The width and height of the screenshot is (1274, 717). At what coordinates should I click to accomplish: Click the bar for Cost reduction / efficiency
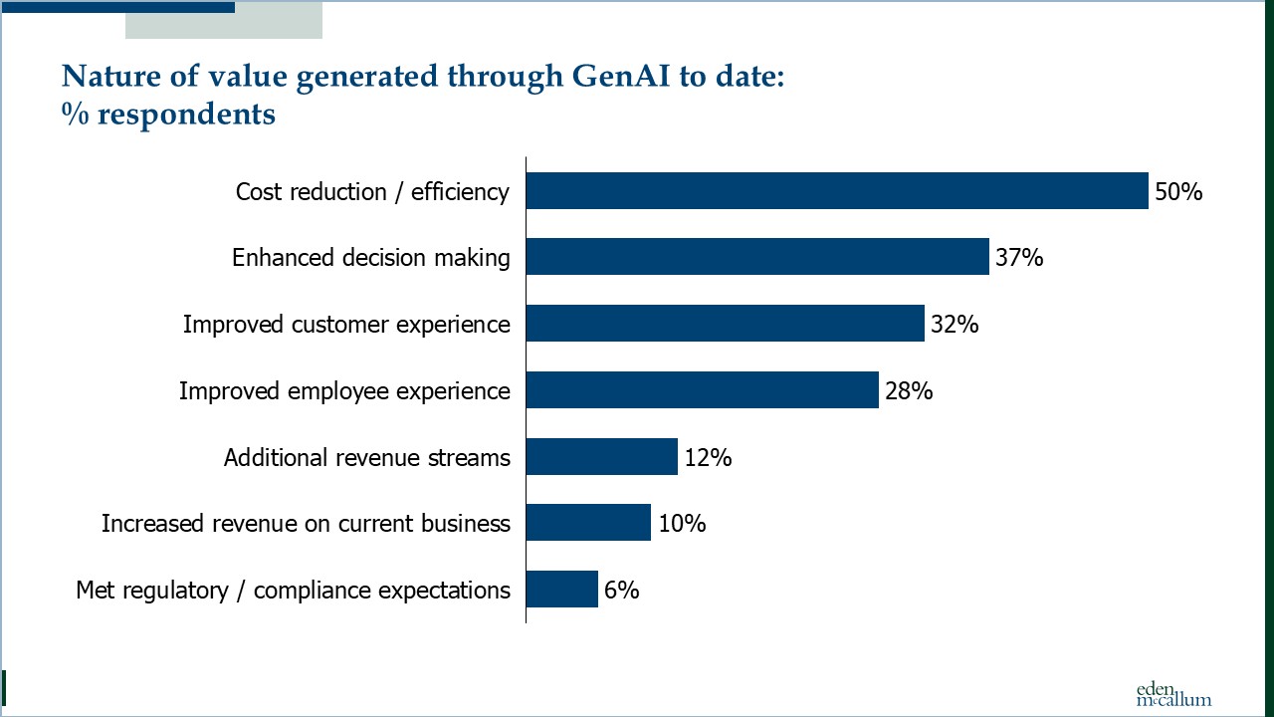[x=837, y=190]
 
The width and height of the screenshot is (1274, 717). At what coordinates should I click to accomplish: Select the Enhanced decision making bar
[x=757, y=257]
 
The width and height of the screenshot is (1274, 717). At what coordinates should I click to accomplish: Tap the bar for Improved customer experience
[x=725, y=324]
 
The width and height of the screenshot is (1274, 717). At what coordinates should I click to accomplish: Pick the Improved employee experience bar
[x=702, y=390]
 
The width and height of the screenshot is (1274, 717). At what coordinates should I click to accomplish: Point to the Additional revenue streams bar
[x=601, y=457]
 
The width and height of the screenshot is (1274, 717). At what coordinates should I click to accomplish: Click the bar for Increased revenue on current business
[x=588, y=523]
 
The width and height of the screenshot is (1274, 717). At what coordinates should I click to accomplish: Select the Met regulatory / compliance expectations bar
[x=561, y=590]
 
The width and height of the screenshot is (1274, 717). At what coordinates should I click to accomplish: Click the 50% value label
[x=1178, y=191]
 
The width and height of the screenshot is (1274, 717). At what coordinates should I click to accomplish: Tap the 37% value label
[x=1019, y=258]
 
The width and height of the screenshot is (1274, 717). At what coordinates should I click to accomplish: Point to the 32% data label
[x=955, y=325]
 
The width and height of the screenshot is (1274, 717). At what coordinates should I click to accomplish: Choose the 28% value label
[x=909, y=391]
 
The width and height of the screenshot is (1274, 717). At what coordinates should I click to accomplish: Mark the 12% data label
[x=708, y=458]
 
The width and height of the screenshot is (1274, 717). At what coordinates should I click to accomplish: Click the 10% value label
[x=681, y=524]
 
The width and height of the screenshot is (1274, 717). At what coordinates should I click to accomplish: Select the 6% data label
[x=621, y=591]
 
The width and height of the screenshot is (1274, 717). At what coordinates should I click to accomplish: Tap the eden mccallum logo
[x=1173, y=693]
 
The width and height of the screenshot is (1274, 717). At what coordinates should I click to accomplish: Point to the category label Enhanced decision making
[x=371, y=258]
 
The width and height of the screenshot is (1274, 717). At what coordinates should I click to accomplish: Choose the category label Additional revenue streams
[x=367, y=458]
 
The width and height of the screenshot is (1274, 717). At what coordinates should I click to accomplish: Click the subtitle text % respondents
[x=168, y=115]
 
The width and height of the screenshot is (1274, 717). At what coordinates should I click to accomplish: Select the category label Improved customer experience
[x=346, y=325]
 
